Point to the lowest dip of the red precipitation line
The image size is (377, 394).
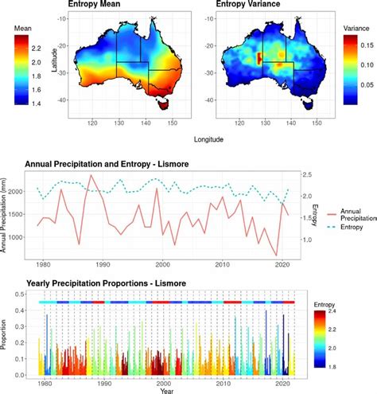[277, 256]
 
